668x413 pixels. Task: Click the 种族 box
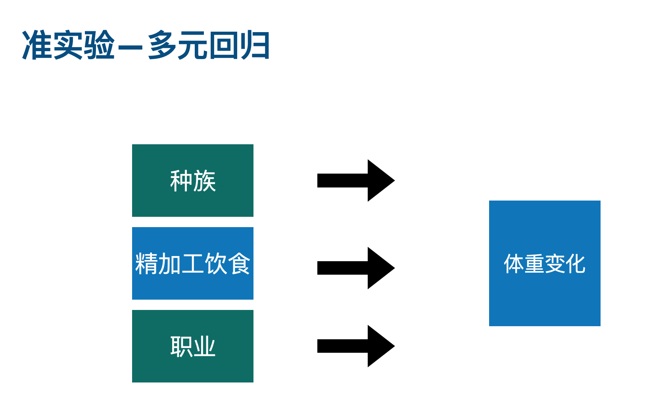[192, 180]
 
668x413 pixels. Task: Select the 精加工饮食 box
[192, 263]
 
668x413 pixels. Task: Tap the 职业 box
[192, 346]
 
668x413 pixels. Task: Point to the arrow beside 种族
[355, 180]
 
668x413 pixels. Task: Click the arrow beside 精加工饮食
[355, 268]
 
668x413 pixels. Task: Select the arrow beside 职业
[355, 346]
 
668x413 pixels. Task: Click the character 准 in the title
[37, 45]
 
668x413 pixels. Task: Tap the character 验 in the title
[100, 45]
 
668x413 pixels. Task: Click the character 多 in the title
[163, 45]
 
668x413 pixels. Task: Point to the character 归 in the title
[255, 45]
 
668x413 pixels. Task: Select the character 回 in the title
[224, 45]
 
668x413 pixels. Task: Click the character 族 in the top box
[204, 181]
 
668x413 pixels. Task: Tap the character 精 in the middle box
[146, 264]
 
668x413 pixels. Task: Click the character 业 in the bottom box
[204, 346]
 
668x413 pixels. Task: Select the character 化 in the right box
[575, 264]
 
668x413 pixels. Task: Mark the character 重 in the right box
[534, 264]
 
